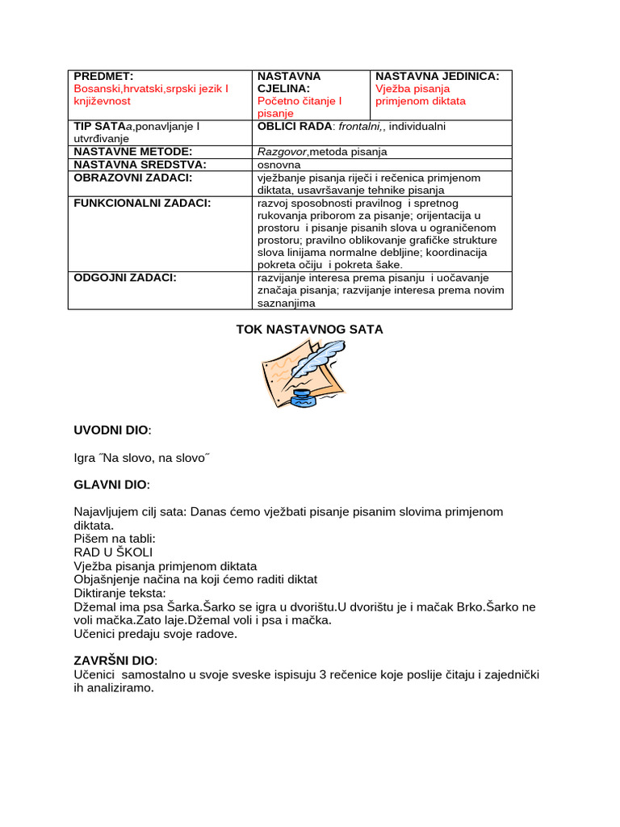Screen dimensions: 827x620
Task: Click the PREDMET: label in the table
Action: click(103, 76)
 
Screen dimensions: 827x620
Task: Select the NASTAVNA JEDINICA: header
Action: click(437, 76)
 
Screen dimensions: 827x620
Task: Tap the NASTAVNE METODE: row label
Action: click(132, 151)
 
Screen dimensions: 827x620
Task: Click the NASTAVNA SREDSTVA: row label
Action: click(140, 164)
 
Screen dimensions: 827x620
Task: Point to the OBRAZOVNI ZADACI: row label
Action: click(132, 177)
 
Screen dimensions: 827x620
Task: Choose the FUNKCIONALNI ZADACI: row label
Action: click(142, 203)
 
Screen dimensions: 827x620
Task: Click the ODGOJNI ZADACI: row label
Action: click(125, 278)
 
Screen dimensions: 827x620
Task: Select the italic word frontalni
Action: click(360, 127)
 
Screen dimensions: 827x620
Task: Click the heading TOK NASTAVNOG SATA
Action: click(309, 330)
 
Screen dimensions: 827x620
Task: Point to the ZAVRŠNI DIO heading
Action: click(115, 660)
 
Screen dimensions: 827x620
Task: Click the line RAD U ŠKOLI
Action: click(113, 552)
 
